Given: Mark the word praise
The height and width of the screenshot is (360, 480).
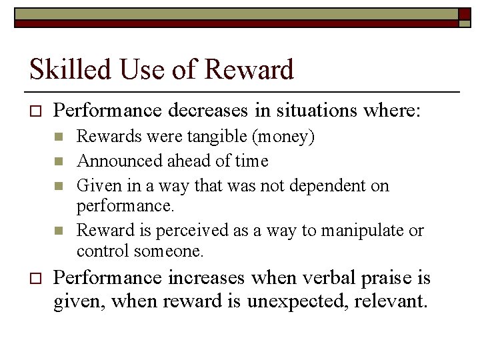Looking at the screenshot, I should coord(385,277).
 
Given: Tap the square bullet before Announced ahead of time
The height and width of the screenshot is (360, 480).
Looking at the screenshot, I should coord(59,161).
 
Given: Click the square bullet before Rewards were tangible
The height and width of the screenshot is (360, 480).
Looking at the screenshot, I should coord(59,137).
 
